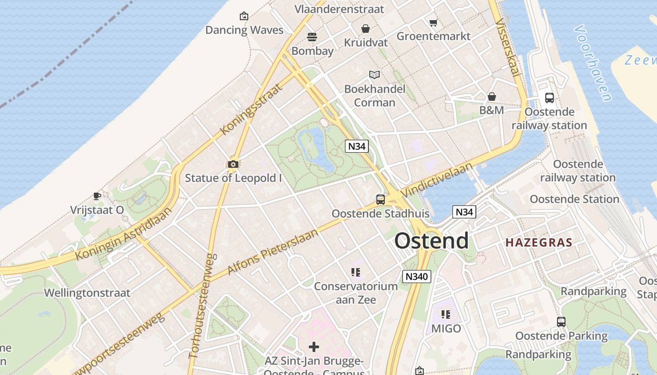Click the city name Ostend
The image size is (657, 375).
(x=431, y=241)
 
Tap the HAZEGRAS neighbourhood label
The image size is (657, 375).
(x=539, y=243)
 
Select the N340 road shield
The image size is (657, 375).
(x=416, y=277)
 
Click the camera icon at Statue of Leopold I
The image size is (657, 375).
(x=233, y=164)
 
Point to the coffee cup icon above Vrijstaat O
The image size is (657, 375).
(x=97, y=196)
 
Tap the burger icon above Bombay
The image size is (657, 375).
(x=312, y=37)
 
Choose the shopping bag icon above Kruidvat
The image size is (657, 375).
(x=366, y=29)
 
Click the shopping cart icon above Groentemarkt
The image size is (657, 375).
(x=434, y=22)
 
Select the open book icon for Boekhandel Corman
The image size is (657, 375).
(x=374, y=75)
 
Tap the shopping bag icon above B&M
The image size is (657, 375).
(x=492, y=97)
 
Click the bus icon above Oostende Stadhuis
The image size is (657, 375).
(x=381, y=200)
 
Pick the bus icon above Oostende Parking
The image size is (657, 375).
(x=561, y=322)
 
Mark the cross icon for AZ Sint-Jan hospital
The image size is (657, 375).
(x=314, y=347)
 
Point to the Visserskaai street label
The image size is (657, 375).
(x=507, y=47)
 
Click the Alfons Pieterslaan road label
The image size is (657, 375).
(x=273, y=252)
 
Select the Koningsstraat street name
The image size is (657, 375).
(x=252, y=109)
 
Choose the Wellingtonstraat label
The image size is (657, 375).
(x=87, y=293)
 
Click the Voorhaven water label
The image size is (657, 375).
(x=593, y=63)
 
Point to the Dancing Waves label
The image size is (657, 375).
(x=244, y=30)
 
